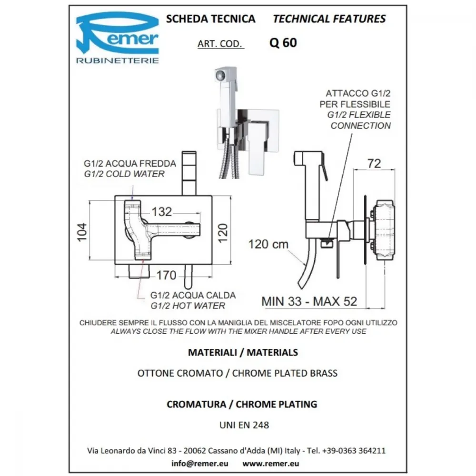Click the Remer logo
click(x=118, y=37)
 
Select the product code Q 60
click(x=283, y=43)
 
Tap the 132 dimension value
click(x=162, y=212)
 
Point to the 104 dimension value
click(x=82, y=232)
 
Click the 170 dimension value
click(x=166, y=275)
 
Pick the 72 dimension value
click(x=374, y=164)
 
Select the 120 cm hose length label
click(x=268, y=244)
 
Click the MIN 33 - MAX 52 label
click(x=309, y=301)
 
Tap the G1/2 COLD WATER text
click(x=124, y=174)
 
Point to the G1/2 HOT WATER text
click(x=188, y=306)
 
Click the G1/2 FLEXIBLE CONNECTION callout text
click(x=359, y=120)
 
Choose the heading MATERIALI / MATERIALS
click(x=243, y=352)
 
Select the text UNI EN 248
click(x=244, y=425)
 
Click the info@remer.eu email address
click(x=200, y=464)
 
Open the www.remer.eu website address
click(x=270, y=464)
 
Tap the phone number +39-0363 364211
click(x=354, y=450)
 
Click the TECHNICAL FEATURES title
click(x=329, y=19)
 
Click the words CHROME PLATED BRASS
click(x=285, y=373)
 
